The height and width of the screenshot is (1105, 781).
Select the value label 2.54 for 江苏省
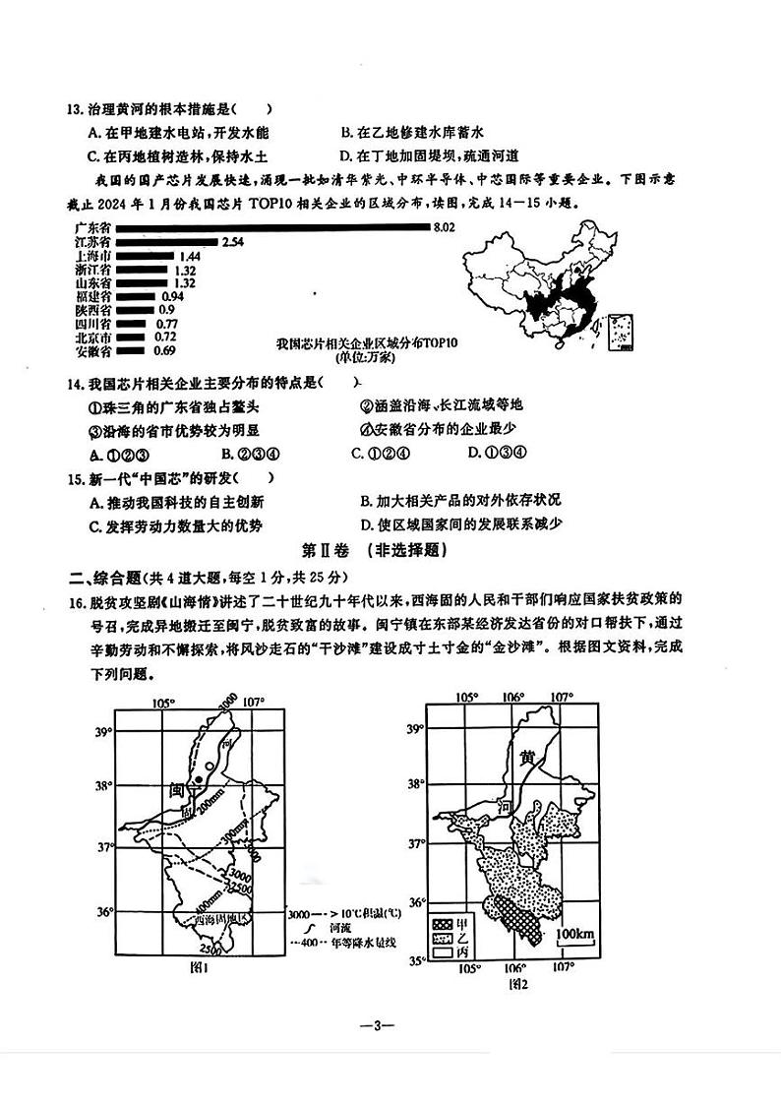[x=232, y=242]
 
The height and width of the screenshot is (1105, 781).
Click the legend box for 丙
[x=440, y=952]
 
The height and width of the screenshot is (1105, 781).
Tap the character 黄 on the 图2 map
[x=528, y=758]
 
